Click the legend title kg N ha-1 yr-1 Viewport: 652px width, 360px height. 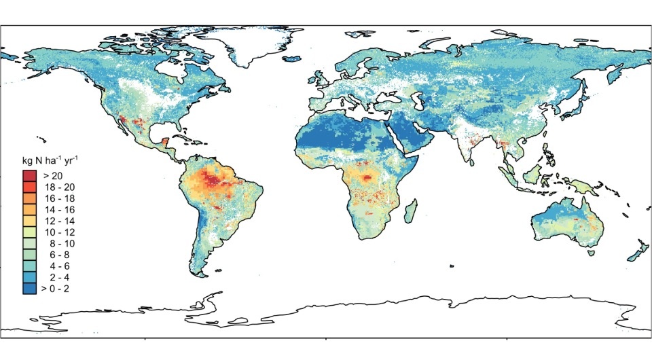[52, 161]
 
